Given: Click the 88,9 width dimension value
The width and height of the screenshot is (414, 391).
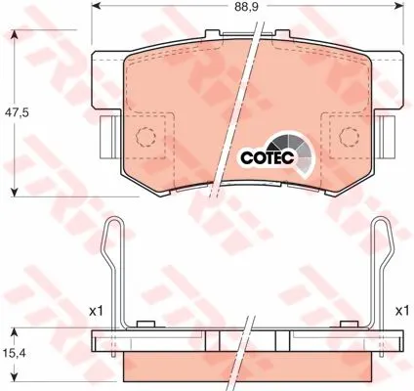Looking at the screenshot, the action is coord(246,7).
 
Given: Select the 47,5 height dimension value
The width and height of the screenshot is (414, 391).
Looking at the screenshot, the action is coord(17,113).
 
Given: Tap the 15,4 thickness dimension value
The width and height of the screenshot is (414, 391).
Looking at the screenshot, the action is coord(15,353).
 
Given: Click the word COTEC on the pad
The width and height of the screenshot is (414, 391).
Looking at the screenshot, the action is coord(268,157).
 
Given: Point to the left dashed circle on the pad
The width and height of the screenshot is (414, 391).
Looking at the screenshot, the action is coord(145,136).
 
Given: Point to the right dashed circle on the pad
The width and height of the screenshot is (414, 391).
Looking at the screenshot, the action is coord(349,136).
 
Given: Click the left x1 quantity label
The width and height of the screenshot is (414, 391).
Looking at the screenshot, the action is coord(96,312).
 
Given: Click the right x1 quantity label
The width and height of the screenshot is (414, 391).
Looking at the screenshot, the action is coord(402,312).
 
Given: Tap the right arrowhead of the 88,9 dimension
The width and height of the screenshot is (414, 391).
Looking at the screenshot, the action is coord(398,6).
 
